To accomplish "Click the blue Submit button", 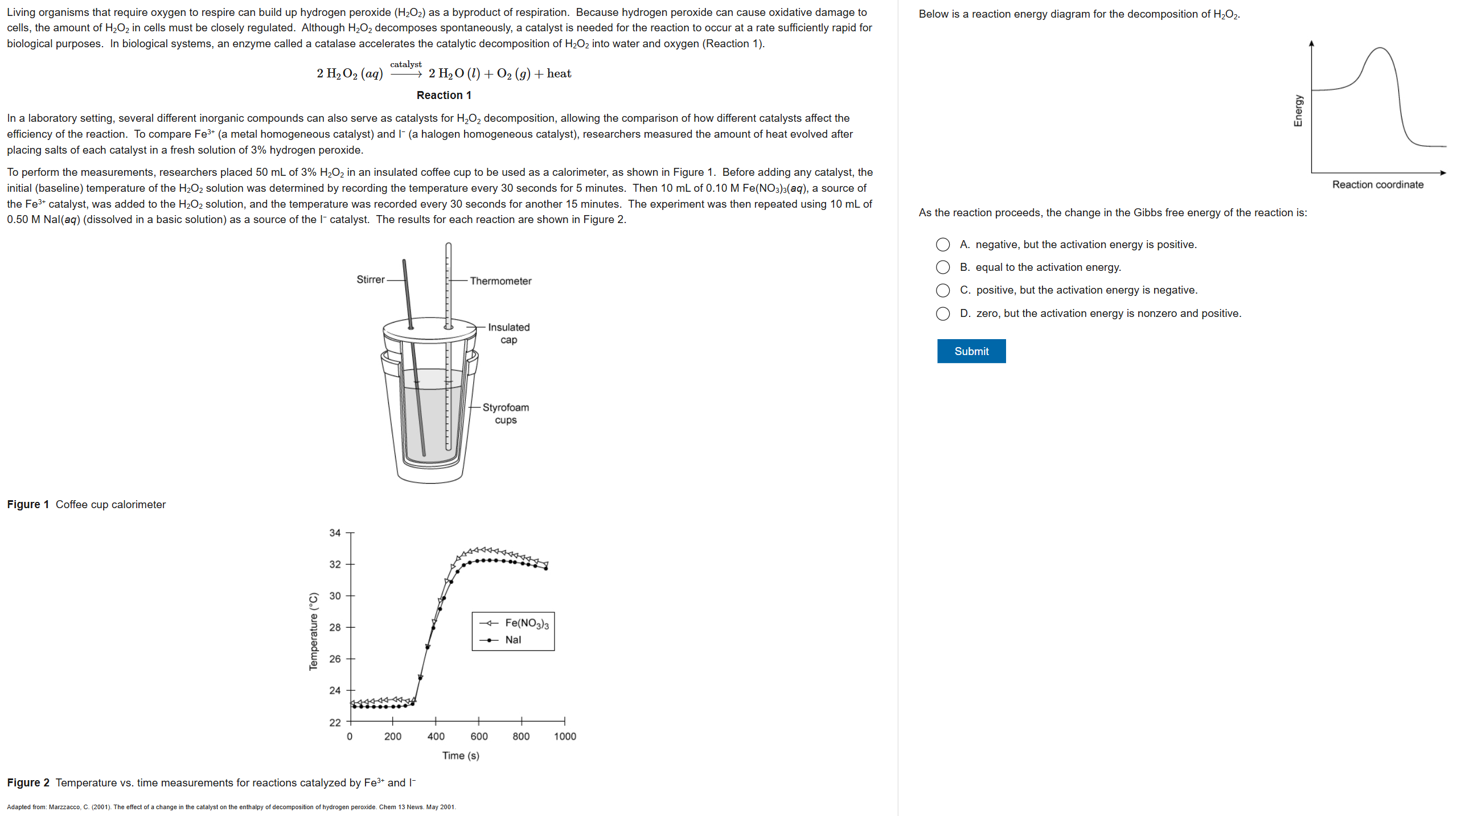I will pyautogui.click(x=971, y=351).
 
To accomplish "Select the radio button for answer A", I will pyautogui.click(x=942, y=245).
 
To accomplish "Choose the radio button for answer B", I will pyautogui.click(x=942, y=267).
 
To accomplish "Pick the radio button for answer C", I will pyautogui.click(x=942, y=290).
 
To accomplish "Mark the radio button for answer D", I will pyautogui.click(x=942, y=314).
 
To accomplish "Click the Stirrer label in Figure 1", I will pyautogui.click(x=370, y=279).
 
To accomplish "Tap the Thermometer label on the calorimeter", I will pyautogui.click(x=500, y=281).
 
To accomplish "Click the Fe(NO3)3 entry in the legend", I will pyautogui.click(x=527, y=623).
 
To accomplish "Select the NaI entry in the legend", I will pyautogui.click(x=512, y=640).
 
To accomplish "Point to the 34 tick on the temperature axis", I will pyautogui.click(x=335, y=533).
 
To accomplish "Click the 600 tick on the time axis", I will pyautogui.click(x=479, y=736).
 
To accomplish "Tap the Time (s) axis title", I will pyautogui.click(x=461, y=756).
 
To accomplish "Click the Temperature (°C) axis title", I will pyautogui.click(x=313, y=632).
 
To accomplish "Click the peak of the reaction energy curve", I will pyautogui.click(x=1380, y=48).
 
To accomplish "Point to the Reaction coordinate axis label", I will pyautogui.click(x=1377, y=185).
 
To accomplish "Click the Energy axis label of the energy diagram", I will pyautogui.click(x=1298, y=110).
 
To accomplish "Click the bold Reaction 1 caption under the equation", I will pyautogui.click(x=444, y=96).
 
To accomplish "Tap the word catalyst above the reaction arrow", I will pyautogui.click(x=405, y=64).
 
